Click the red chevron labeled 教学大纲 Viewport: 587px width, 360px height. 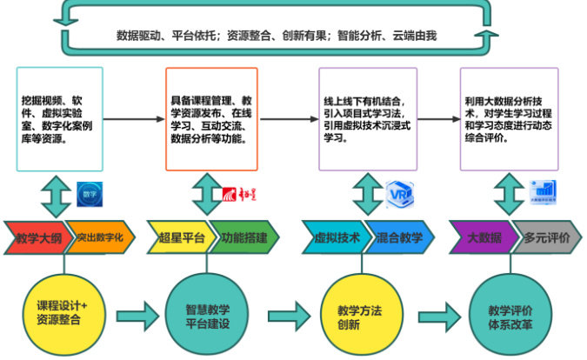click(35, 237)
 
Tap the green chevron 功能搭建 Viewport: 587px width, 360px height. click(243, 237)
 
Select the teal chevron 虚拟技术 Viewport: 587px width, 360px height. click(332, 237)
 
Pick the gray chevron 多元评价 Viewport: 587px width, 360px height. click(547, 237)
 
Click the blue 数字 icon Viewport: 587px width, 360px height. click(89, 193)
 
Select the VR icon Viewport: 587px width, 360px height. click(397, 194)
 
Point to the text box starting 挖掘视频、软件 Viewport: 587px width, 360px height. click(59, 118)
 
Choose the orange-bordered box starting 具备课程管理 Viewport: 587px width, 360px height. click(212, 118)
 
